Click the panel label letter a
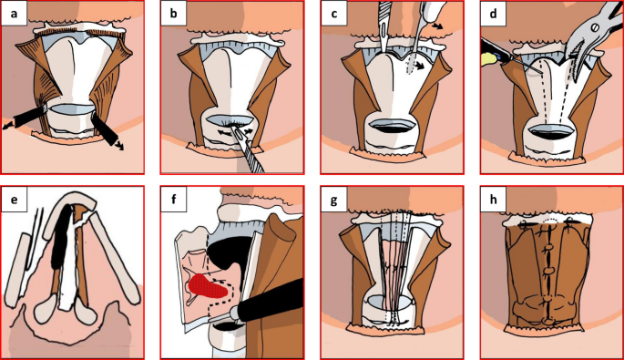click(15, 14)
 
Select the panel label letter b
click(173, 14)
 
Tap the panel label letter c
click(334, 14)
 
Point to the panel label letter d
click(493, 14)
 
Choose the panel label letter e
click(15, 199)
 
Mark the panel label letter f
click(174, 199)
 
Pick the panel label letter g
click(334, 200)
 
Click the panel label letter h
click(493, 199)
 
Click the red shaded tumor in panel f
click(207, 286)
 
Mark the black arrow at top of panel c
click(437, 26)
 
